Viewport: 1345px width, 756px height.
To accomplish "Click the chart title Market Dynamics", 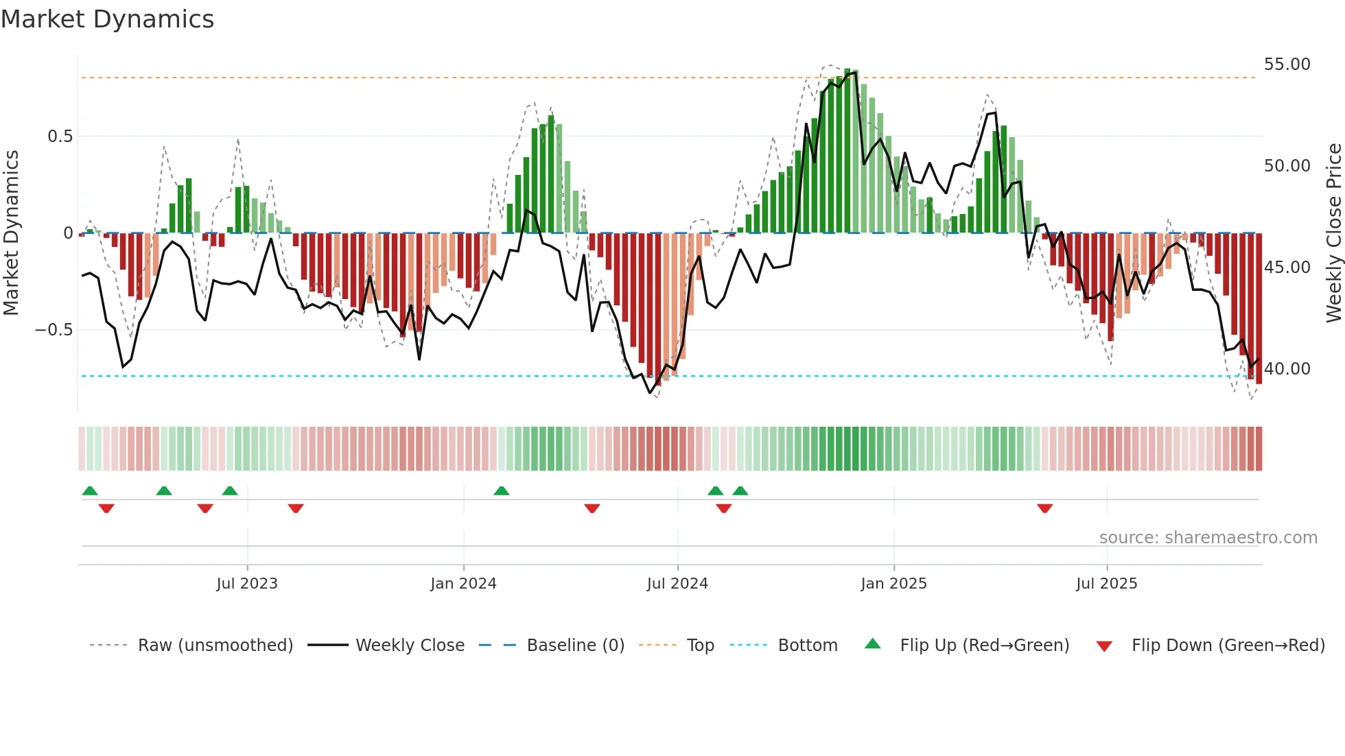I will [107, 19].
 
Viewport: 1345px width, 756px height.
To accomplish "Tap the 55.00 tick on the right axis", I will [1287, 64].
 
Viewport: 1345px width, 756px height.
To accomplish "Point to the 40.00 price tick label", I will [1287, 369].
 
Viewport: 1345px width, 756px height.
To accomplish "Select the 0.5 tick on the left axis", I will [60, 137].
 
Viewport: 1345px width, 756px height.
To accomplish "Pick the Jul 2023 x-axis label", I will [247, 584].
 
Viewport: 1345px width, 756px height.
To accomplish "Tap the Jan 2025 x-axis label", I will [893, 584].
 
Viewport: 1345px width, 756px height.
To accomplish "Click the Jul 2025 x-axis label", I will [1106, 584].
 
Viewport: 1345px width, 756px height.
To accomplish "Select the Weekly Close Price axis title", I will [1333, 233].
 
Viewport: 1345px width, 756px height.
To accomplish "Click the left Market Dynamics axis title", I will [11, 233].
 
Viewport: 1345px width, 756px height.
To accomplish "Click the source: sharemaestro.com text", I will [1208, 538].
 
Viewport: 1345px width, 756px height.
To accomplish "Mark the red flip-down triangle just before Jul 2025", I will [1044, 508].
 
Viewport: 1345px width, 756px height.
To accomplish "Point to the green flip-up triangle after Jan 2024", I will [502, 491].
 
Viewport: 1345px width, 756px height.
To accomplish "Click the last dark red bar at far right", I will [1259, 309].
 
